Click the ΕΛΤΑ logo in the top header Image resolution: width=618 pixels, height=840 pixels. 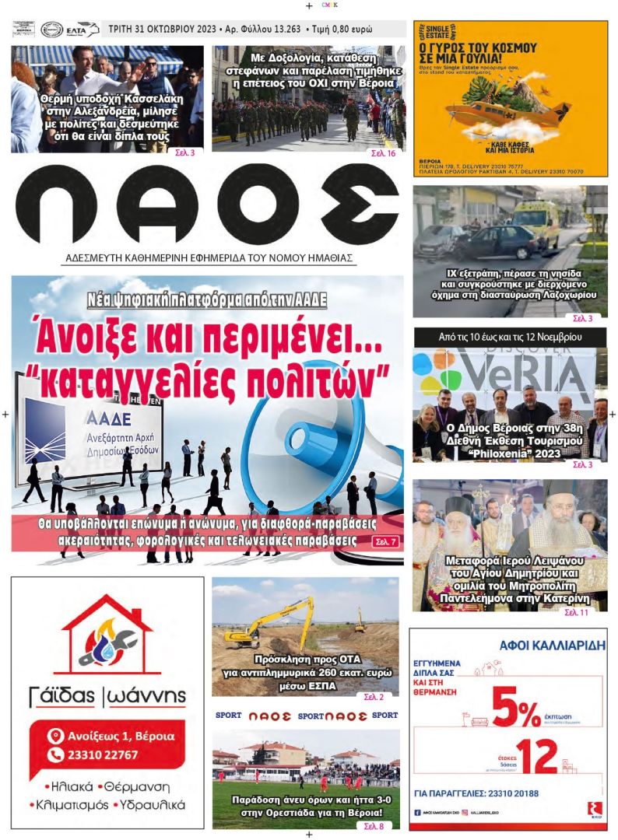click(x=83, y=30)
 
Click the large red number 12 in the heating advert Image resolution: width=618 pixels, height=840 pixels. click(x=535, y=757)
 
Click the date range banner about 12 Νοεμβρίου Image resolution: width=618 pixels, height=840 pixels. click(x=511, y=338)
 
